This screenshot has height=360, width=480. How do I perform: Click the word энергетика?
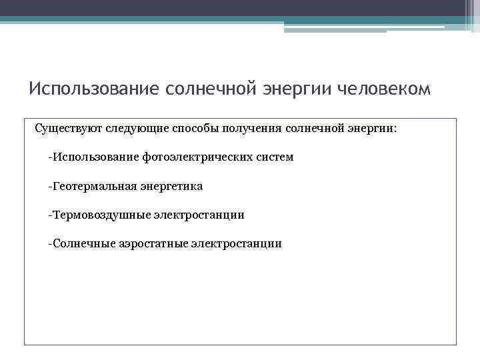(171, 186)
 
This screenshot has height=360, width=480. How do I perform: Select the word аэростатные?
(154, 243)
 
